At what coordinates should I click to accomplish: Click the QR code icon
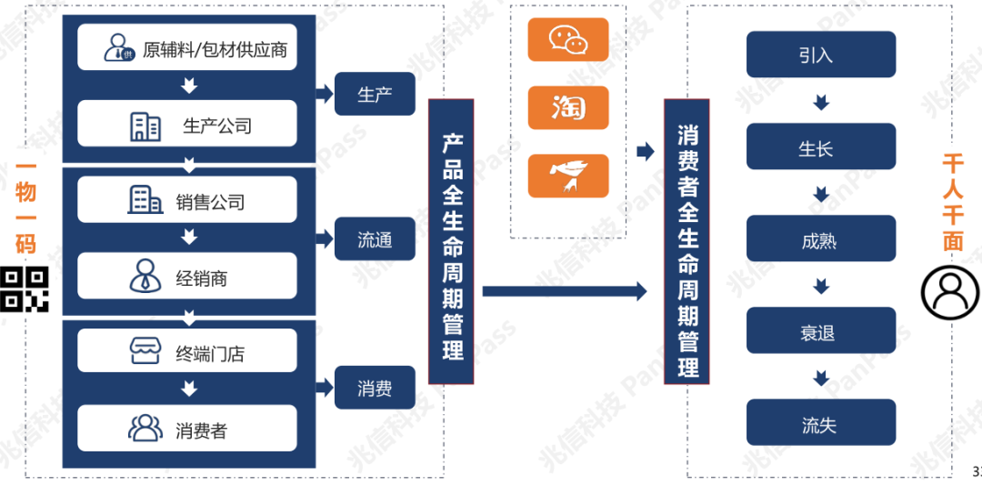pyautogui.click(x=24, y=289)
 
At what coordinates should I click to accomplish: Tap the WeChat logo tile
pyautogui.click(x=568, y=39)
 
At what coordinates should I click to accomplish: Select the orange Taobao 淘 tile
pyautogui.click(x=568, y=108)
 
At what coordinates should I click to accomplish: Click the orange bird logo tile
pyautogui.click(x=568, y=176)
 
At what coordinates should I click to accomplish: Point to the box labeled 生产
pyautogui.click(x=375, y=94)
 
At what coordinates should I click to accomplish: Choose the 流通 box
pyautogui.click(x=375, y=239)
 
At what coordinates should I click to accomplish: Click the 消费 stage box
pyautogui.click(x=375, y=388)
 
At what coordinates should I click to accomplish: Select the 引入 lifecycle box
pyautogui.click(x=821, y=55)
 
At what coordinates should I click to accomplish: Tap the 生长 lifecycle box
pyautogui.click(x=821, y=147)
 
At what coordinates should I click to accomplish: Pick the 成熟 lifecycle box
pyautogui.click(x=821, y=238)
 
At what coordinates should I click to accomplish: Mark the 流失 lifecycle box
pyautogui.click(x=821, y=422)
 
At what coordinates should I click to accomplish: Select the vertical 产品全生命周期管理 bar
pyautogui.click(x=451, y=241)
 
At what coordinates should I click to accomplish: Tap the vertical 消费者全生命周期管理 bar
pyautogui.click(x=686, y=241)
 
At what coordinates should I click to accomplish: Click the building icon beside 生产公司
pyautogui.click(x=145, y=127)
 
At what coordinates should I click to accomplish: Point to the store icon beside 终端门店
pyautogui.click(x=145, y=351)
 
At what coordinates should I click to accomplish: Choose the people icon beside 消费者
pyautogui.click(x=145, y=428)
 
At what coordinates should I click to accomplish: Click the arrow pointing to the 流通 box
pyautogui.click(x=325, y=239)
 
